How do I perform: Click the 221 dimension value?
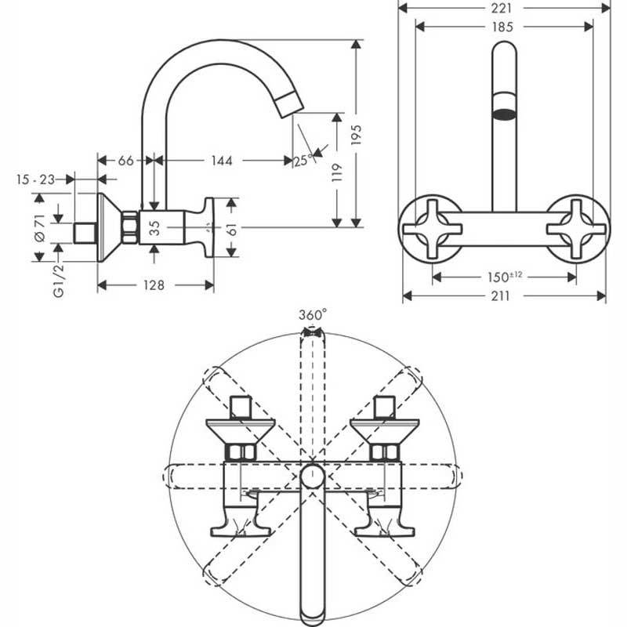coord(501,8)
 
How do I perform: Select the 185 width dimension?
coord(502,27)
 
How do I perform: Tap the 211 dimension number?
coord(500,296)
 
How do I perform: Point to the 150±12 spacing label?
coord(505,277)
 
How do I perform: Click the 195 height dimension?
coord(357,135)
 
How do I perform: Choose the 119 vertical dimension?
coord(337,172)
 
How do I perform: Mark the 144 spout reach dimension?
coord(222,161)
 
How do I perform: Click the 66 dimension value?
coord(125,161)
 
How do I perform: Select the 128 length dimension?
coord(154,285)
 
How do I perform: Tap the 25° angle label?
coord(303,161)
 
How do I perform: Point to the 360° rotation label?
coord(313,315)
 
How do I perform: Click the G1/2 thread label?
coord(58,281)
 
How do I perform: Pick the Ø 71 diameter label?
coord(41,227)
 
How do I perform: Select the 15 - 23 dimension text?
coord(35,179)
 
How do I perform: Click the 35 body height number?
coord(154,227)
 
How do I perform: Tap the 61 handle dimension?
coord(232,229)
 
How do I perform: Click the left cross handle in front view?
coord(433,229)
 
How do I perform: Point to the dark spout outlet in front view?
coord(505,114)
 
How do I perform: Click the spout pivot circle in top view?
coord(312,477)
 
